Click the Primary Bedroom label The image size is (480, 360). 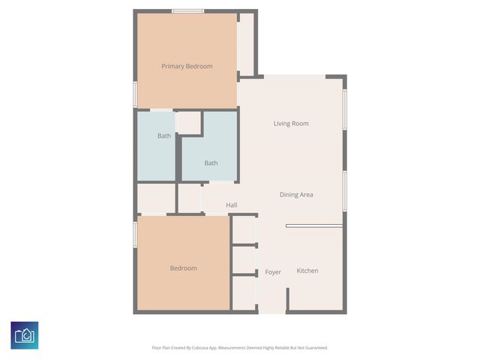tap(187, 66)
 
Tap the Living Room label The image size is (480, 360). tap(291, 124)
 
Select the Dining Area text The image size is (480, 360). tap(296, 195)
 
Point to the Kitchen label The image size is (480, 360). tap(307, 271)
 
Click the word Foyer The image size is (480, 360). tap(273, 272)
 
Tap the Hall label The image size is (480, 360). tap(232, 205)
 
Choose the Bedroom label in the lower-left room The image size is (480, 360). tap(183, 268)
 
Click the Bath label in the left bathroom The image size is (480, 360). tap(163, 136)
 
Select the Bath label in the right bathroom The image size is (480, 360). tap(211, 163)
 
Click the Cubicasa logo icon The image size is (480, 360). tap(25, 334)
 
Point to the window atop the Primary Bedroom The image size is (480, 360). tap(187, 10)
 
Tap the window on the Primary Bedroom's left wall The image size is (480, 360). tap(135, 94)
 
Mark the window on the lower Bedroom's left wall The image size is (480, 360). tap(135, 233)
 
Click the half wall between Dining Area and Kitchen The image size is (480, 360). tap(314, 226)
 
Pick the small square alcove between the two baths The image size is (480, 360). tap(188, 123)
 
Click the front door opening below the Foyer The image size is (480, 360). tap(273, 312)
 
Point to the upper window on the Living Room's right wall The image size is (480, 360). tap(345, 109)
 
